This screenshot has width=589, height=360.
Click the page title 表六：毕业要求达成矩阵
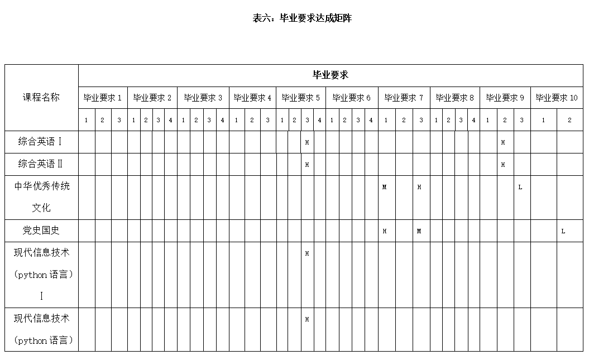pyautogui.click(x=302, y=18)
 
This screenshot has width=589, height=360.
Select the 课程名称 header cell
pyautogui.click(x=41, y=97)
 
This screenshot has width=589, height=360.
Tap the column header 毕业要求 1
pyautogui.click(x=103, y=98)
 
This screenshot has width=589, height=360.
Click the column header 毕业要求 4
pyautogui.click(x=252, y=98)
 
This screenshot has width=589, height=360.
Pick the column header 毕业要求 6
pyautogui.click(x=352, y=98)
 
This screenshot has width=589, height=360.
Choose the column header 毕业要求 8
pyautogui.click(x=454, y=98)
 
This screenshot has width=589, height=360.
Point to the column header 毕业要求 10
pyautogui.click(x=557, y=98)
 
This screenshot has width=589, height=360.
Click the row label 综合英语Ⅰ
pyautogui.click(x=41, y=142)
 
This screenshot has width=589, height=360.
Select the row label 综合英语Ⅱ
pyautogui.click(x=41, y=164)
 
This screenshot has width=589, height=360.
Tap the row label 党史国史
pyautogui.click(x=41, y=231)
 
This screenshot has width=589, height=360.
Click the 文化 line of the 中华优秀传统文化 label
pyautogui.click(x=41, y=208)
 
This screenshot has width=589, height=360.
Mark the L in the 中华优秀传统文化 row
pyautogui.click(x=520, y=187)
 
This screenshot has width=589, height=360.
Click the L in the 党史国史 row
pyautogui.click(x=563, y=231)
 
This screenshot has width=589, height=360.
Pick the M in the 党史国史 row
pyautogui.click(x=419, y=231)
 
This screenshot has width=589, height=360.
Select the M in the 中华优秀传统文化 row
pyautogui.click(x=384, y=187)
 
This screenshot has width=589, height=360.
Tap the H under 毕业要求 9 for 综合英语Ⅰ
pyautogui.click(x=503, y=142)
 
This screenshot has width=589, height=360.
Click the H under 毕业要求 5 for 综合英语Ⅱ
pyautogui.click(x=307, y=165)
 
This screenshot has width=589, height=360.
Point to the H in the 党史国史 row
pyautogui.click(x=385, y=231)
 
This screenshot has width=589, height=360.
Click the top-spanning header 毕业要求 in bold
pyautogui.click(x=331, y=75)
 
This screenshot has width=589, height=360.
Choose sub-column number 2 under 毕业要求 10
pyautogui.click(x=569, y=120)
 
